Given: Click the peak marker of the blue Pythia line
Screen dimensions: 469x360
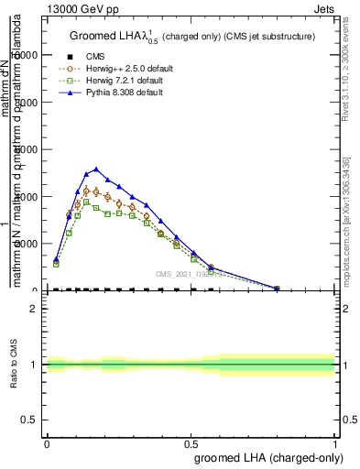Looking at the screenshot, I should [96, 169].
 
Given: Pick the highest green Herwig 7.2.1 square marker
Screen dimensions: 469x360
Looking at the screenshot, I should [87, 202].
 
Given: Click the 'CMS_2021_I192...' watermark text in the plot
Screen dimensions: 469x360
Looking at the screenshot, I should [194, 273].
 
